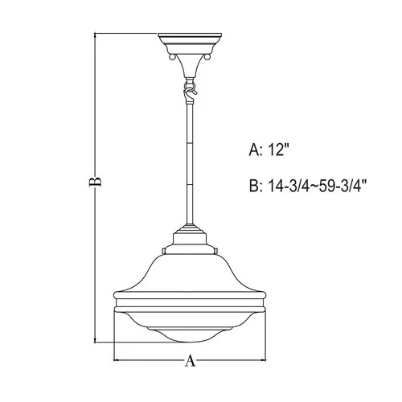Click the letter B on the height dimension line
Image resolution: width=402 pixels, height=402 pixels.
tap(95, 183)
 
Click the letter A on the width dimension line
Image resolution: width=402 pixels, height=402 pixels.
tap(191, 361)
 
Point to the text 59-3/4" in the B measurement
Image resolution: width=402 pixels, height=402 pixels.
tap(341, 186)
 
